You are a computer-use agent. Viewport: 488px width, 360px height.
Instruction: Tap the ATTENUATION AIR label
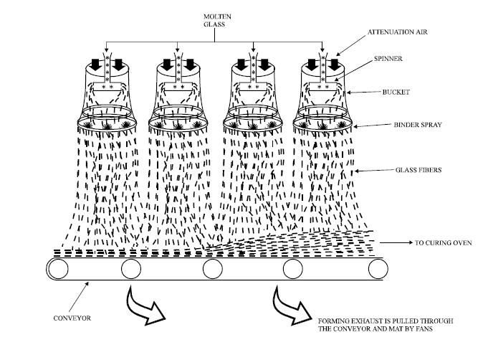point(398,33)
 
